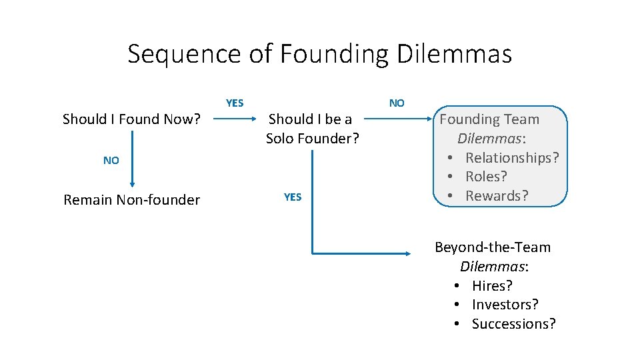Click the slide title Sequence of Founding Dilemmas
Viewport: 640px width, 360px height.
[319, 54]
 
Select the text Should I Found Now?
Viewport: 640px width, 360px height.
[131, 119]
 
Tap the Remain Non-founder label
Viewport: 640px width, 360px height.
[131, 200]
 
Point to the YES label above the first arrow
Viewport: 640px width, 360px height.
[235, 103]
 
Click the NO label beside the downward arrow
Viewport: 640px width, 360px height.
[111, 161]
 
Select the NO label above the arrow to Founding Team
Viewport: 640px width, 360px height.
[397, 103]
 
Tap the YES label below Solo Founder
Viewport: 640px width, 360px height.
[293, 197]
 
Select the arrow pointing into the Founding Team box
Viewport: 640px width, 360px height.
[401, 121]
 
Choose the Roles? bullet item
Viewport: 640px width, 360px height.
[486, 177]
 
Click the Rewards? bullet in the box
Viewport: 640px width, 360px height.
[497, 196]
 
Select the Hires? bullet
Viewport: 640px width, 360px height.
[492, 286]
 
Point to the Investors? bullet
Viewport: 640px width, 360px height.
[505, 305]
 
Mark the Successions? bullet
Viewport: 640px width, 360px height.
[513, 324]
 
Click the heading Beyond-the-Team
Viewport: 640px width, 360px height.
[493, 247]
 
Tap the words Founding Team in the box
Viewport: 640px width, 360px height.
[489, 119]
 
